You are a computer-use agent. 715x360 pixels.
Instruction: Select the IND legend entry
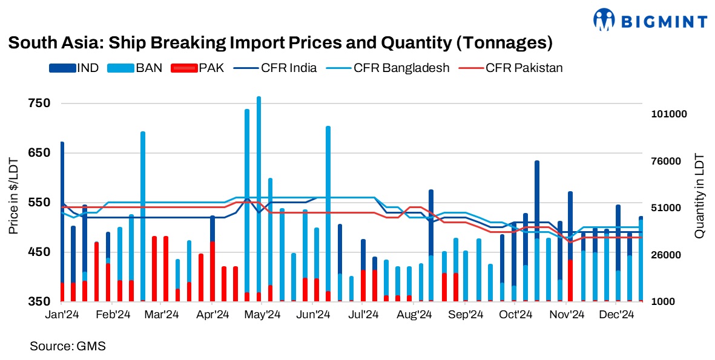(88, 68)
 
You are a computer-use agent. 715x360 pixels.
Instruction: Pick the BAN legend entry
(149, 68)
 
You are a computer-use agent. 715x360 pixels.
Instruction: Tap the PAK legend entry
(211, 68)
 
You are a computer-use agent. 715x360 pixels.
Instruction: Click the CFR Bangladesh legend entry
(401, 68)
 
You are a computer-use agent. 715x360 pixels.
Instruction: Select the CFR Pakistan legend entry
(524, 68)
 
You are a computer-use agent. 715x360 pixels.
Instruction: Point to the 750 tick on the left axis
(39, 103)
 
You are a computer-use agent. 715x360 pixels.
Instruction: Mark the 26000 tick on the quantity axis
(668, 255)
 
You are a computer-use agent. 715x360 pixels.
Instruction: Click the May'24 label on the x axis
(263, 315)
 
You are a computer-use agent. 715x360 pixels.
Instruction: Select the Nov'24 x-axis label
(567, 315)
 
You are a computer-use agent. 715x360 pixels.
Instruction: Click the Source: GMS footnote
(68, 347)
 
